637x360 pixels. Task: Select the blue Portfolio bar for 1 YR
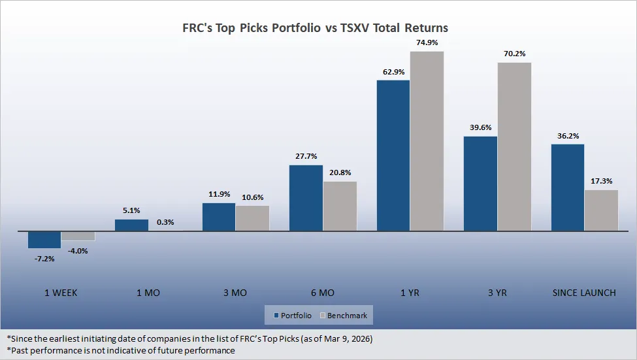[393, 155]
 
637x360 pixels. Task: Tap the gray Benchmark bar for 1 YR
[427, 141]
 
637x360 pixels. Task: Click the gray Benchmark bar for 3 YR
[514, 146]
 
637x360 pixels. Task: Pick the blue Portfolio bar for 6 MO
[306, 198]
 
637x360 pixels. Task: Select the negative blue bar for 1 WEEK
[44, 239]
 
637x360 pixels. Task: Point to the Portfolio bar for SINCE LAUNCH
[568, 188]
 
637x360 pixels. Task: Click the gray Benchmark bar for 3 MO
[252, 218]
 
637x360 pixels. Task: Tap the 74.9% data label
[427, 43]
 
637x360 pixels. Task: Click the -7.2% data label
[44, 259]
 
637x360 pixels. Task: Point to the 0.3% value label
[165, 222]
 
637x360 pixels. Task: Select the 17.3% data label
[601, 181]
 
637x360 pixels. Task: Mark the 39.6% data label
[480, 127]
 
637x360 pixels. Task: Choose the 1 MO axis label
[148, 293]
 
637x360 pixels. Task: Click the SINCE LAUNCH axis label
[583, 293]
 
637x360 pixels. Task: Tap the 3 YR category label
[497, 293]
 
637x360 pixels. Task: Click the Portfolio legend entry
[293, 316]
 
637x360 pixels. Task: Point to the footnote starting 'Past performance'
[121, 350]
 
